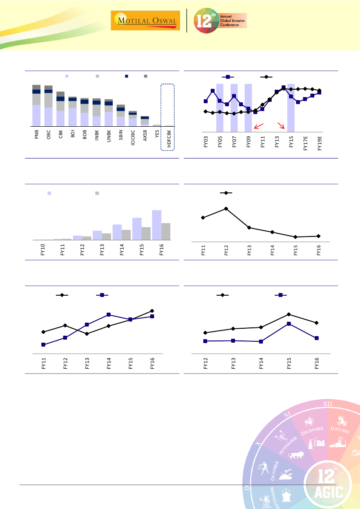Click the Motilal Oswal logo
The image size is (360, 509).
pos(146,21)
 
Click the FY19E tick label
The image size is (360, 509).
pos(320,142)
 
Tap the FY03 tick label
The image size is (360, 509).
pos(205,142)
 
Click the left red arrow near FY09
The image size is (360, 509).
pos(258,126)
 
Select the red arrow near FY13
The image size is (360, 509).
pos(281,126)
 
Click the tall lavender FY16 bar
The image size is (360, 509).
pos(157,225)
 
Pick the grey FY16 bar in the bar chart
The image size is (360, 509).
pos(166,231)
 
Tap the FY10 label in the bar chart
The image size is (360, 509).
pos(43,250)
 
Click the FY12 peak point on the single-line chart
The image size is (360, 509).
pos(226,209)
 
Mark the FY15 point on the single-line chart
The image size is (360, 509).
pos(296,237)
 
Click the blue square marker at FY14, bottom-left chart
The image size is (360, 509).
pos(108,314)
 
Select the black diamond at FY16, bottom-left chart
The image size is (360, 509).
pos(152,310)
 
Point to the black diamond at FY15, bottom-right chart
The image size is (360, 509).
pos(289,314)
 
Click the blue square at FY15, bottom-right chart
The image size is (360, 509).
pos(289,324)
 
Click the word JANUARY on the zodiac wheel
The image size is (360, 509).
pos(339,430)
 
